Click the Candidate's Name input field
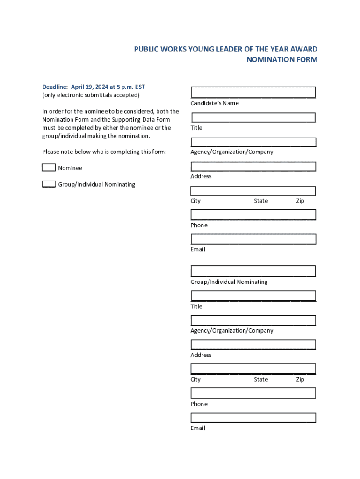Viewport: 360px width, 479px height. pyautogui.click(x=253, y=92)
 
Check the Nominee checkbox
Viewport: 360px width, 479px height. pyautogui.click(x=49, y=167)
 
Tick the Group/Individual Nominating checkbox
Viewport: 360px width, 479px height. pyautogui.click(x=49, y=184)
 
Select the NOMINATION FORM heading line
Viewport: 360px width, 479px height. pyautogui.click(x=282, y=59)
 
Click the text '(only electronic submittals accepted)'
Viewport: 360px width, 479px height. pyautogui.click(x=91, y=95)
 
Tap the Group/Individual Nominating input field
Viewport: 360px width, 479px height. pyautogui.click(x=253, y=271)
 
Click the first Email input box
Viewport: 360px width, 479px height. pyautogui.click(x=253, y=239)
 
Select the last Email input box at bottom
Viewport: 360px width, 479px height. pyautogui.click(x=253, y=418)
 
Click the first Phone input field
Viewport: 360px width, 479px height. pyautogui.click(x=253, y=215)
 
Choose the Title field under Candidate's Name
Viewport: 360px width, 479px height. pyautogui.click(x=253, y=117)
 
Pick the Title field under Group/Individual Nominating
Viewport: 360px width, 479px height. pyautogui.click(x=253, y=296)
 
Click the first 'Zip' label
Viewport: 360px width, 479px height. pyautogui.click(x=300, y=201)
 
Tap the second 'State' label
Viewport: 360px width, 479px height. pyautogui.click(x=261, y=379)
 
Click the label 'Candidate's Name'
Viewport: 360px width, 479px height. pyautogui.click(x=215, y=103)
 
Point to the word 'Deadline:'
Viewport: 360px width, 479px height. pyautogui.click(x=55, y=87)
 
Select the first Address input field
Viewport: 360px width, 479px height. pyautogui.click(x=253, y=166)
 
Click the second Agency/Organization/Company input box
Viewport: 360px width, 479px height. pyautogui.click(x=253, y=320)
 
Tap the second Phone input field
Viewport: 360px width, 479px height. pyautogui.click(x=253, y=393)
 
